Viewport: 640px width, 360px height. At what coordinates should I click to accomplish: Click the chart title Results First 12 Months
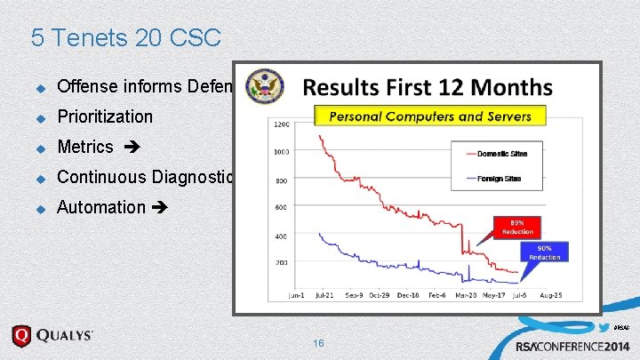click(x=428, y=88)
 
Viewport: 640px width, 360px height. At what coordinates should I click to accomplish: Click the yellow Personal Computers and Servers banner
click(x=430, y=116)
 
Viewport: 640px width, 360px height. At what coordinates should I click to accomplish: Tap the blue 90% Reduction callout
click(x=545, y=252)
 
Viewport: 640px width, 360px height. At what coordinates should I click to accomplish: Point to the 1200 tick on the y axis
click(x=281, y=124)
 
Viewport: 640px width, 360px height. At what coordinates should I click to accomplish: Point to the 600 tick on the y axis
click(x=281, y=208)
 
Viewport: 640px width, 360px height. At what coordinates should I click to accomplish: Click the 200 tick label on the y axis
click(x=281, y=264)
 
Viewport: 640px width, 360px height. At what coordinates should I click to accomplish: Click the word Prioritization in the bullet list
click(x=105, y=116)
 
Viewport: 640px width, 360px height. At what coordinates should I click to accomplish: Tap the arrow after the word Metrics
click(x=128, y=147)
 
